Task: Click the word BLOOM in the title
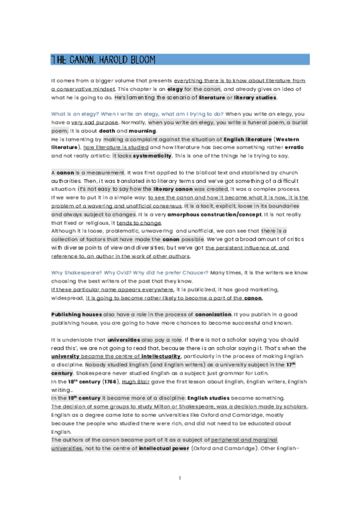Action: (x=141, y=60)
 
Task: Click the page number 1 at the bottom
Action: (x=180, y=478)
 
